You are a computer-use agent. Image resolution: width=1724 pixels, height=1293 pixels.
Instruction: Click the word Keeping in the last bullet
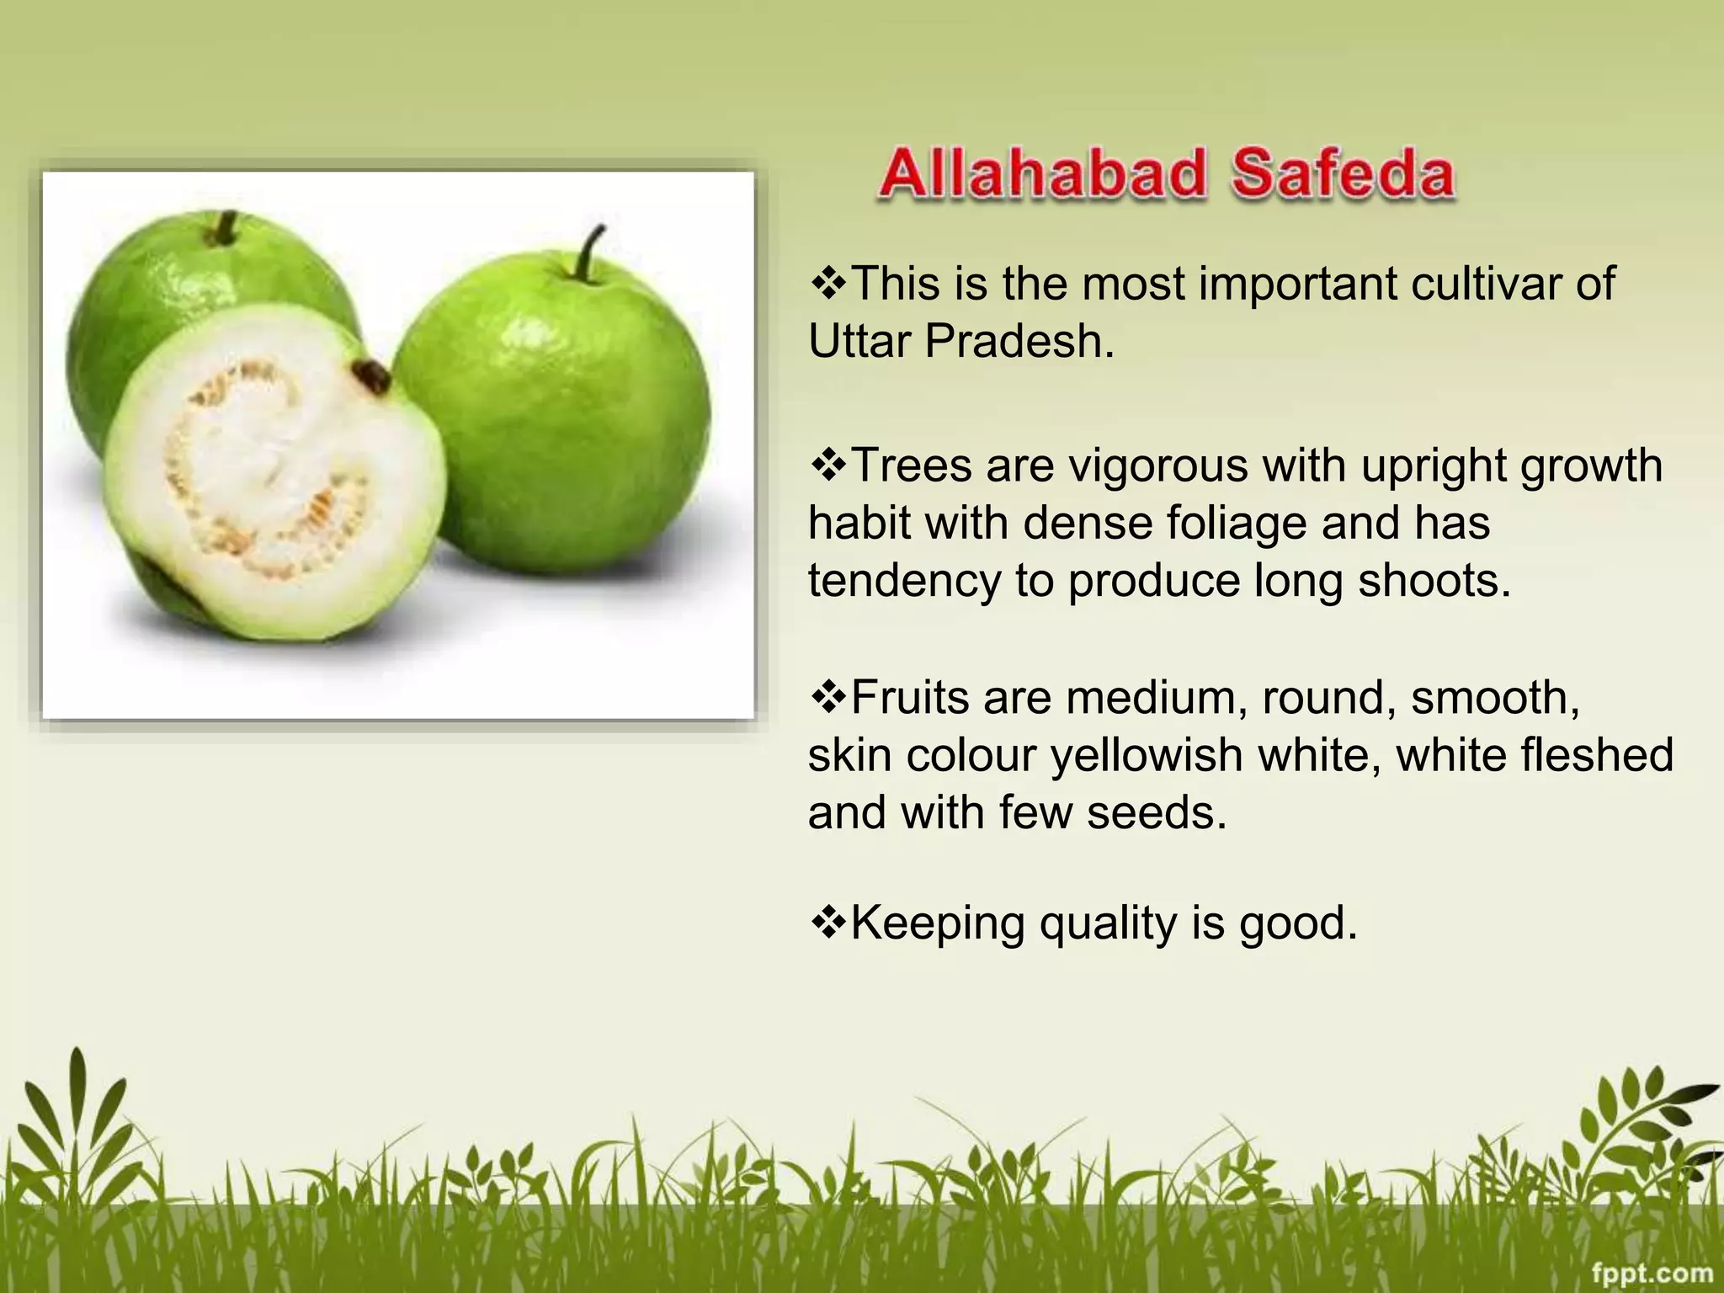tap(938, 923)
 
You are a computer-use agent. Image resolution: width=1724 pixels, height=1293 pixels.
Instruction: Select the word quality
tap(1109, 923)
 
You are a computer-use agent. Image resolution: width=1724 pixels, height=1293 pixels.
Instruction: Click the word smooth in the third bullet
tap(1488, 698)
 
